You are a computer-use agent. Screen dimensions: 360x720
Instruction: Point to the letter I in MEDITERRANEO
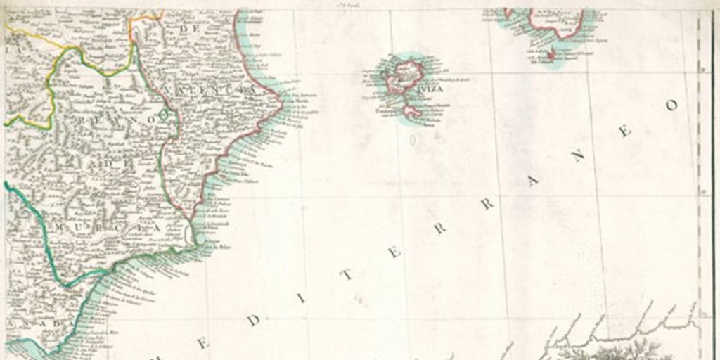click(x=301, y=297)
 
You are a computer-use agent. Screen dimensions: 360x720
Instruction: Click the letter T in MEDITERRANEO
click(x=348, y=275)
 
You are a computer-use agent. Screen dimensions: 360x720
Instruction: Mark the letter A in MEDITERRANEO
click(x=532, y=181)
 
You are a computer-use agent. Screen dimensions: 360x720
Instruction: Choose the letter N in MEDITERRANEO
click(x=579, y=156)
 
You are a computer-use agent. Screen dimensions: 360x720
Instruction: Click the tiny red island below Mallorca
click(x=552, y=53)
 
